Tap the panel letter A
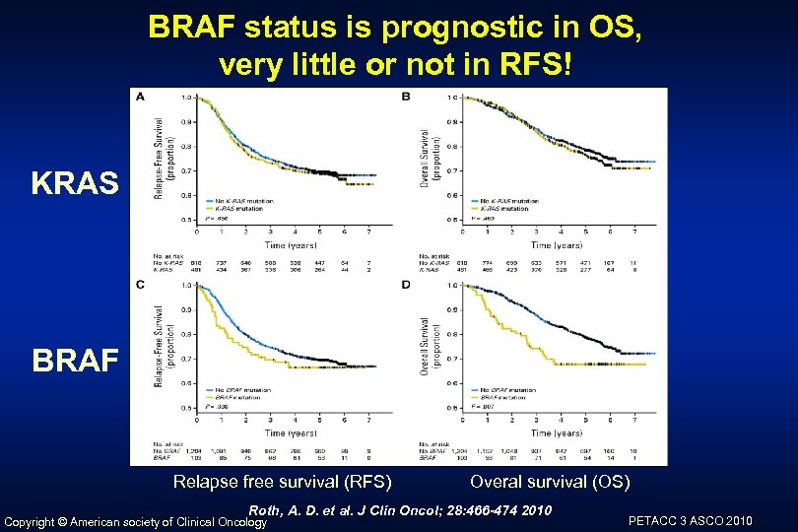[x=140, y=97]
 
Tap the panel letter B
[x=406, y=97]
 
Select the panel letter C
[x=140, y=284]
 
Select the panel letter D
[x=406, y=285]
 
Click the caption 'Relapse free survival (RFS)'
[x=282, y=482]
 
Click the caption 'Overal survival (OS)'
[x=550, y=482]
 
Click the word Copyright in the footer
[x=38, y=521]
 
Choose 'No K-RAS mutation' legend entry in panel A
[x=239, y=201]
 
